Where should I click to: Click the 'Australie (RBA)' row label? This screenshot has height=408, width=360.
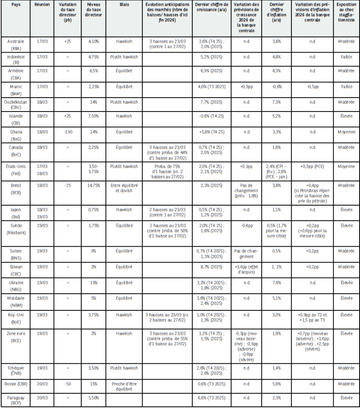point(16,44)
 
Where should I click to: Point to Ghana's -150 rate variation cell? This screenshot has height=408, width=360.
point(67,132)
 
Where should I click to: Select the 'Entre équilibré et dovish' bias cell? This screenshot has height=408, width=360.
point(124,188)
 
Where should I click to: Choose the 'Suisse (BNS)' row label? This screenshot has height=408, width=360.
point(16,254)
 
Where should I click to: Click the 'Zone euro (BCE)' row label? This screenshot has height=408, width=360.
point(16,333)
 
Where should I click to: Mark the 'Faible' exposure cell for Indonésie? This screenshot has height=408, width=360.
point(346,57)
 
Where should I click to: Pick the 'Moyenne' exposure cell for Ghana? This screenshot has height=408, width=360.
point(346,132)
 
